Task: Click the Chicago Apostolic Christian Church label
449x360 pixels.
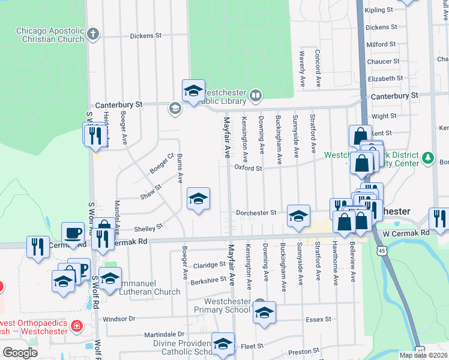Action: (50, 35)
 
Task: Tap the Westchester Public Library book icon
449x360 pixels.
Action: (256, 95)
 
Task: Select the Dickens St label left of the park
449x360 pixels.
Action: (146, 36)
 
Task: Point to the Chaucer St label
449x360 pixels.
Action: (379, 61)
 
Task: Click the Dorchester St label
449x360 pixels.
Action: (256, 212)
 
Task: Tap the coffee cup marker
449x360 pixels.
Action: (73, 233)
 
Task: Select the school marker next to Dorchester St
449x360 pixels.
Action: (298, 216)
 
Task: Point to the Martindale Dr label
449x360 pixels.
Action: (164, 334)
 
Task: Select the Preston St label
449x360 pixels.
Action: (303, 351)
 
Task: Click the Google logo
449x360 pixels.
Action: (20, 352)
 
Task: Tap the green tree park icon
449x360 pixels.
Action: (428, 158)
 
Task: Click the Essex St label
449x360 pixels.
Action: (318, 319)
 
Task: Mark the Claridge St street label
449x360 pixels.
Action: (209, 265)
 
